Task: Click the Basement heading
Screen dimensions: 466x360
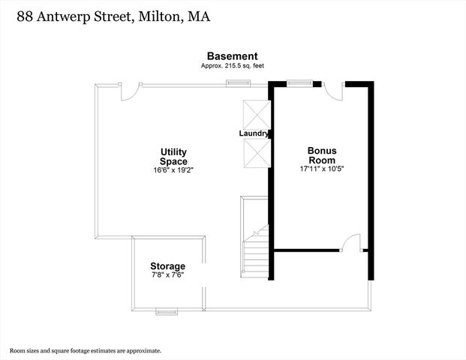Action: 233,56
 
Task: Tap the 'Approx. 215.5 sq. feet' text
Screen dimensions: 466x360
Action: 233,66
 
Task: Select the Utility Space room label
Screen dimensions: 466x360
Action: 173,157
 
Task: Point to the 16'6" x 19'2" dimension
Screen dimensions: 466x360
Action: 173,170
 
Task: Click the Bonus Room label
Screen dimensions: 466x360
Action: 322,155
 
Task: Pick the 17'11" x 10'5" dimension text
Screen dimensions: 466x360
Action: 322,169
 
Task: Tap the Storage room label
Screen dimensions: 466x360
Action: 167,265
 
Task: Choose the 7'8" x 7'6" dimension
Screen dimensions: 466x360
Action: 168,274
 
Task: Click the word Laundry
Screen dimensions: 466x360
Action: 254,133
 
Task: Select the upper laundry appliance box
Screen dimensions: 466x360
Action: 257,115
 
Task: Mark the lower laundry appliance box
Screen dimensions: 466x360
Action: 257,154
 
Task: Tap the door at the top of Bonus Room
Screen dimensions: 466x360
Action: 333,91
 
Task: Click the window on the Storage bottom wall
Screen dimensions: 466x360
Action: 167,311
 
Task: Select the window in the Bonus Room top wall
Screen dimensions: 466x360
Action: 300,83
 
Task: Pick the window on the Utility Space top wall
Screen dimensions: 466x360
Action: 239,83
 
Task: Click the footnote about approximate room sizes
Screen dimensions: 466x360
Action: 86,351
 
